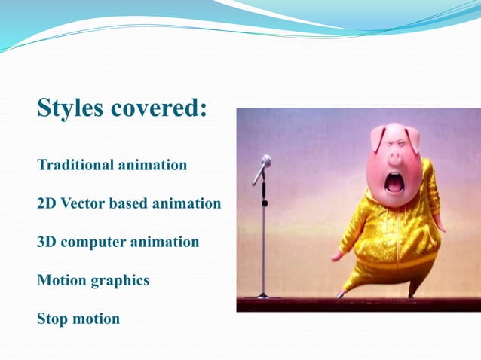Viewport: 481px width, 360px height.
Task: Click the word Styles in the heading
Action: pos(71,108)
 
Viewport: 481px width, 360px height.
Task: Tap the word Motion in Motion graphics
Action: pos(62,281)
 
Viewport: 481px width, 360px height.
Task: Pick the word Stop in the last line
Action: pos(53,319)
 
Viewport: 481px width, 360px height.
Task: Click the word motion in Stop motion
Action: pos(96,319)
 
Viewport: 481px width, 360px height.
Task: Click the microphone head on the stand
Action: pos(265,161)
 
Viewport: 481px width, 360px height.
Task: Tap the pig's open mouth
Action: pos(394,182)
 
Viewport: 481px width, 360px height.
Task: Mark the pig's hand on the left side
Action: pos(337,256)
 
